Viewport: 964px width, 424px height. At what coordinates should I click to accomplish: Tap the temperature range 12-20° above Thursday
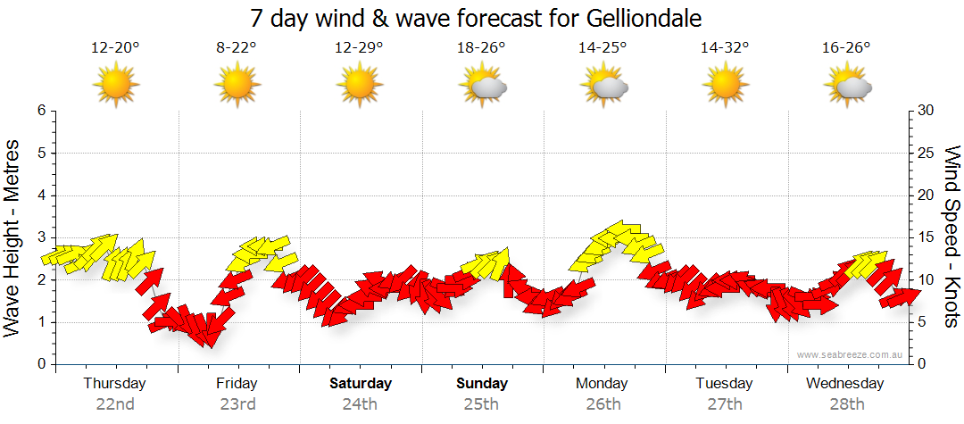click(x=115, y=48)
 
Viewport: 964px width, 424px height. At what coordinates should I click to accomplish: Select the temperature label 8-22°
click(x=237, y=48)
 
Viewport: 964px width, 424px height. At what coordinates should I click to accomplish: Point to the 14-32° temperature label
click(x=723, y=48)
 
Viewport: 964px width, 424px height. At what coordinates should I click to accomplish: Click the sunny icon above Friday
click(x=237, y=86)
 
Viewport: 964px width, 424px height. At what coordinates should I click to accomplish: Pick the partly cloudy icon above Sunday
click(x=482, y=86)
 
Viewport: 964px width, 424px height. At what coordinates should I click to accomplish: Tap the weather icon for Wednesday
click(x=846, y=86)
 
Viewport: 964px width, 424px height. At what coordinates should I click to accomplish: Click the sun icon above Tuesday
click(x=723, y=86)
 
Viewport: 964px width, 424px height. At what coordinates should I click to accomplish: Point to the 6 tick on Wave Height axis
click(x=41, y=111)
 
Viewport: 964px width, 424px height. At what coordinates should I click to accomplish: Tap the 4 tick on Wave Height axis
click(x=41, y=195)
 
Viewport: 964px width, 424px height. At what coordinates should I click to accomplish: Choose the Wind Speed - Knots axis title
click(x=952, y=237)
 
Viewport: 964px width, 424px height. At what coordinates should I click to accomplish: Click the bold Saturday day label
click(x=361, y=384)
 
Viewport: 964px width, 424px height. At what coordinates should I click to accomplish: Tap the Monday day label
click(x=603, y=384)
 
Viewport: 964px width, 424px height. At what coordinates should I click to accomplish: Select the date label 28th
click(x=845, y=404)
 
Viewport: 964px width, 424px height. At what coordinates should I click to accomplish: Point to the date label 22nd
click(x=115, y=404)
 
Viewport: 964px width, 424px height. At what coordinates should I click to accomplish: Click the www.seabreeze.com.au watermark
click(x=852, y=355)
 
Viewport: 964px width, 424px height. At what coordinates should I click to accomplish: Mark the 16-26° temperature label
click(x=845, y=48)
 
